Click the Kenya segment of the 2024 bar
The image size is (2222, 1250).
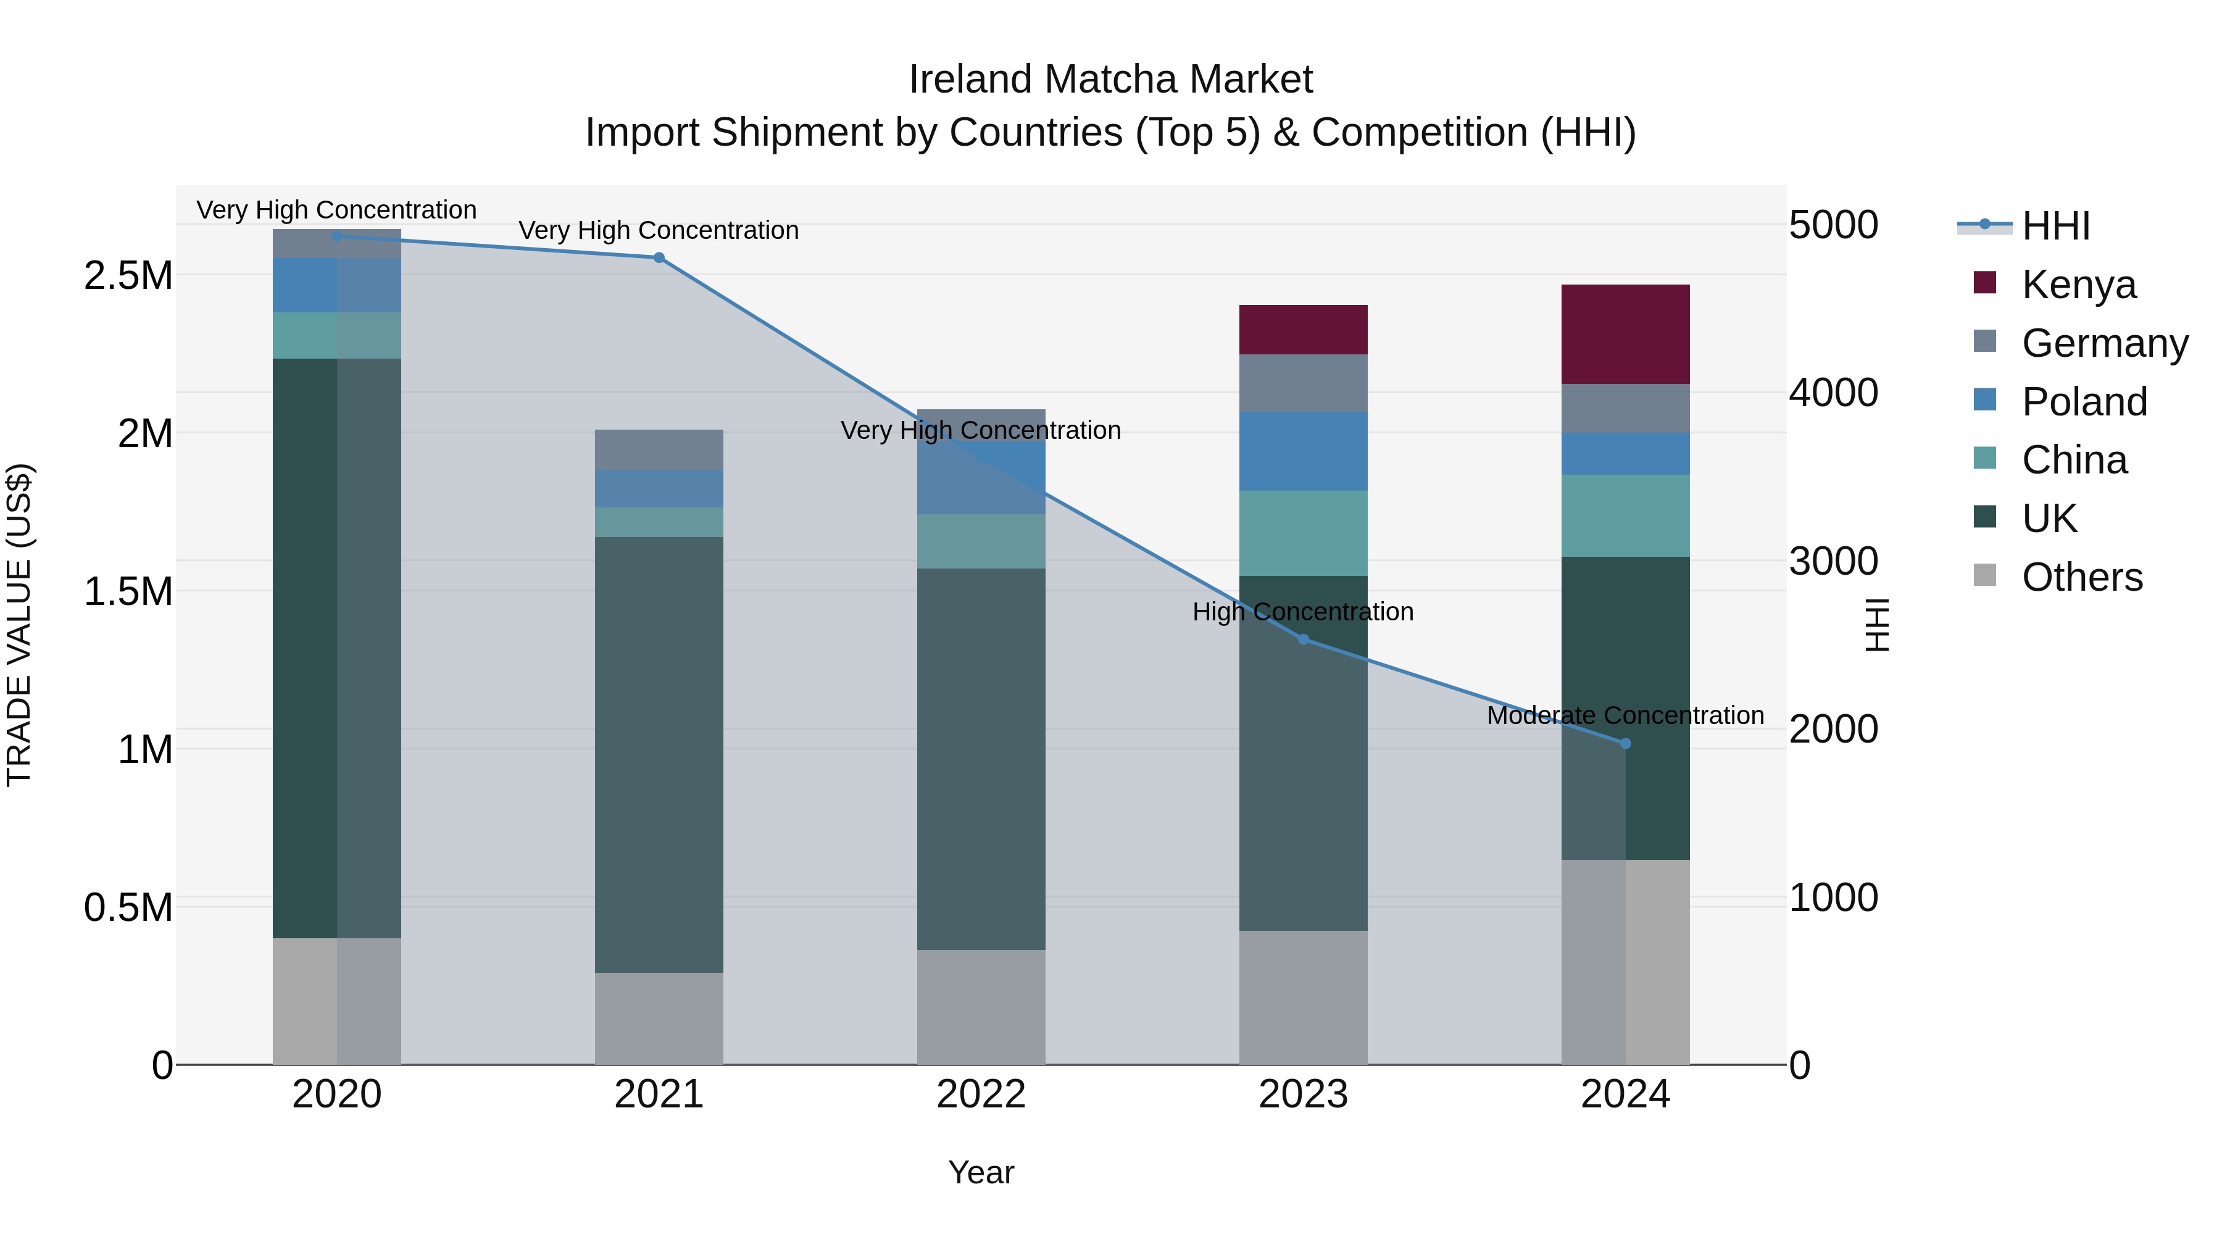1625,334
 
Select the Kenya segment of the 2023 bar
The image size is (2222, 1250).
1302,330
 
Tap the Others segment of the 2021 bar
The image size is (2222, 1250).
659,1018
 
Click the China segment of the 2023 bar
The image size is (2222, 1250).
1302,533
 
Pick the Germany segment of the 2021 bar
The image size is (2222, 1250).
659,449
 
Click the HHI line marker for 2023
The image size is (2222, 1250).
1302,640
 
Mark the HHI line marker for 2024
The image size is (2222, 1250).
1625,744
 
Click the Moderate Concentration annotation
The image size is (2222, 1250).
1625,715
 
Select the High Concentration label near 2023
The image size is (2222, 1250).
1302,612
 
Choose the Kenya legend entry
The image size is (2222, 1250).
2079,285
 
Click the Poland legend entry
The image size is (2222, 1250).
2084,402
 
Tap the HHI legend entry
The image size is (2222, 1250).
2055,226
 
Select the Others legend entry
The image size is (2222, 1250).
2081,577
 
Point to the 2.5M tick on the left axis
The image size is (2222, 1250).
128,276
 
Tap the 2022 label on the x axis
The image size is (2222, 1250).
981,1094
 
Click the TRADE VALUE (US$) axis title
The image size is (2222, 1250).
19,625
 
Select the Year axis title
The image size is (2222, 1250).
981,1172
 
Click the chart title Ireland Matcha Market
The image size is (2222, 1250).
1110,80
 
